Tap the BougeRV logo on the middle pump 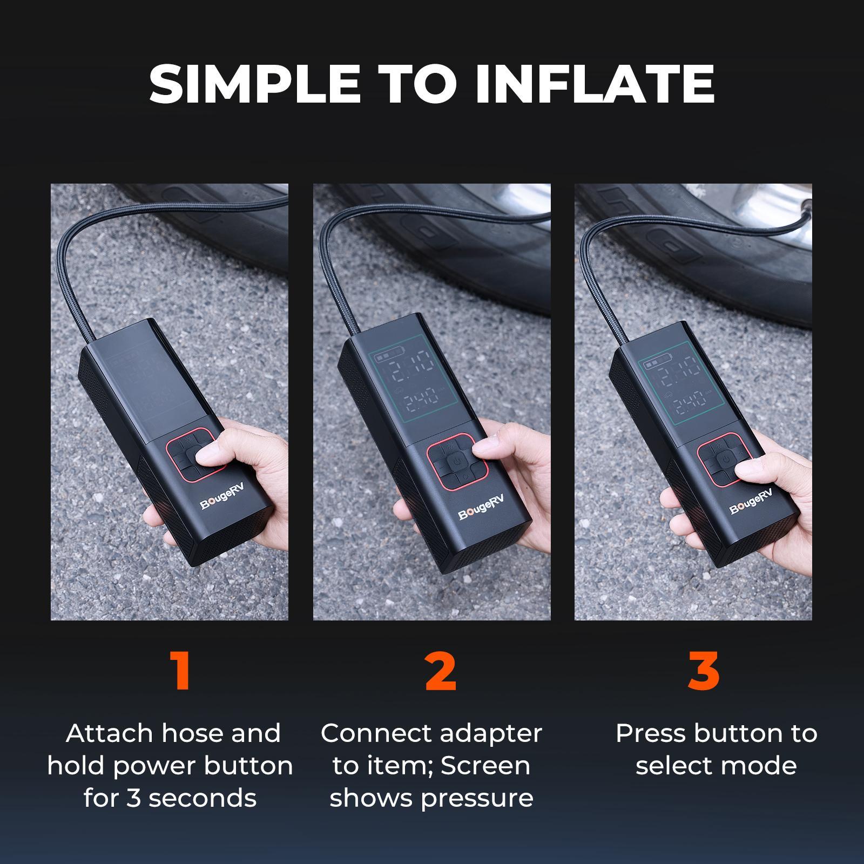point(478,510)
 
